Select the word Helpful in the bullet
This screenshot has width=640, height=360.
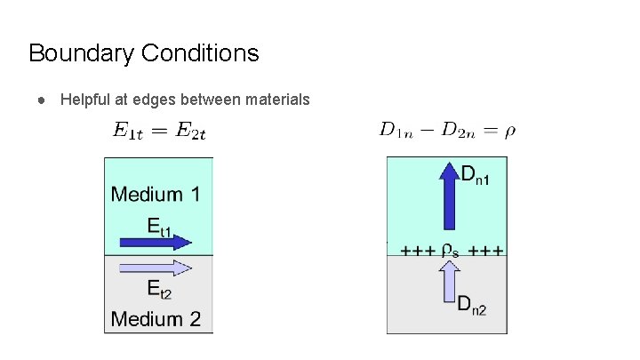86,100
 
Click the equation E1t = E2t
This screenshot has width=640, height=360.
159,132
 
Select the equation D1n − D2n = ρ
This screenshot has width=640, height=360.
447,132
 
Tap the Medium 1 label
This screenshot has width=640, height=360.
156,194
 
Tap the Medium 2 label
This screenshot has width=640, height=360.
156,318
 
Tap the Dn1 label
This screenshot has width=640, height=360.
476,175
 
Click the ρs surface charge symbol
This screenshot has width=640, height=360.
451,250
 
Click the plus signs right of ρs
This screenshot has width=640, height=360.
486,250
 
